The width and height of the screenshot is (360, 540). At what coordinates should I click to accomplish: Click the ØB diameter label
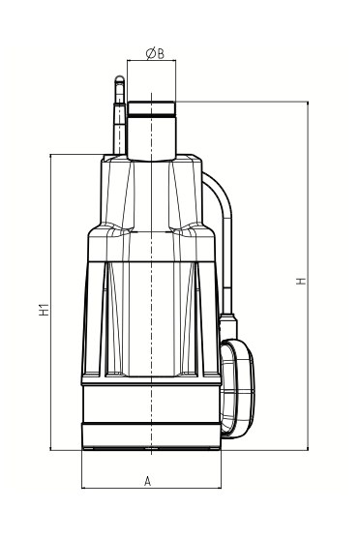click(x=155, y=53)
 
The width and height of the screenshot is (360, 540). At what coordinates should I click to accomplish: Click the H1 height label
click(x=44, y=310)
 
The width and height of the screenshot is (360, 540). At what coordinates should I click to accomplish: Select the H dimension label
click(x=301, y=281)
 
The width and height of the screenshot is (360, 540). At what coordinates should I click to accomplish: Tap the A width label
click(x=147, y=481)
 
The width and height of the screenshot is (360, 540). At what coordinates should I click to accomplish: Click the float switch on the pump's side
click(x=238, y=388)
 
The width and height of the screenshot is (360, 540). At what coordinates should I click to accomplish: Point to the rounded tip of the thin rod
click(x=120, y=79)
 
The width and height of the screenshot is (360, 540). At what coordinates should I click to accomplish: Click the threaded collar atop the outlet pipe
click(x=152, y=108)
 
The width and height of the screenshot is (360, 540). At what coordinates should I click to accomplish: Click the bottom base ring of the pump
click(x=151, y=436)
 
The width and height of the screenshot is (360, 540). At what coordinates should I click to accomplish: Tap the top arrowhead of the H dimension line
click(x=308, y=103)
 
